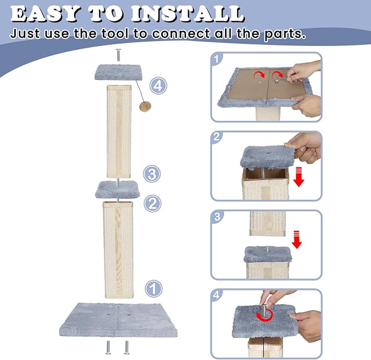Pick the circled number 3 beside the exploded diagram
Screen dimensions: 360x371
coord(152,175)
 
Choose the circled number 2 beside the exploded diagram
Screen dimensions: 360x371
coord(152,204)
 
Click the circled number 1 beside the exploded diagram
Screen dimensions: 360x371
coord(152,288)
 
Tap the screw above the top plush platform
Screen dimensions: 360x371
coord(117,56)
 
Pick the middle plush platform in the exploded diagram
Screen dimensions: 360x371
coord(116,190)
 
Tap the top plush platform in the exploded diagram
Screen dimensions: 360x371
coord(117,72)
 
